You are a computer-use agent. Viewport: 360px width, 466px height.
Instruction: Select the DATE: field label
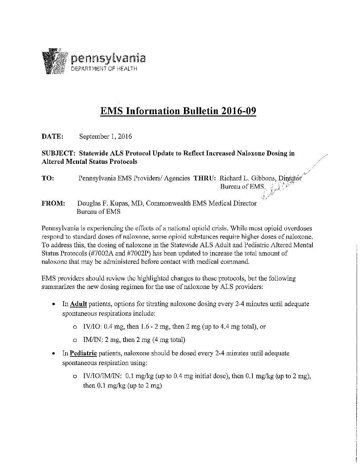52,136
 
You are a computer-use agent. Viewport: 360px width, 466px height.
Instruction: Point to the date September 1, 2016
106,136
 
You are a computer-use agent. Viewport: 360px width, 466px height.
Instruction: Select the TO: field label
48,178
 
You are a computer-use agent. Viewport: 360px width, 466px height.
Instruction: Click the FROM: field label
53,203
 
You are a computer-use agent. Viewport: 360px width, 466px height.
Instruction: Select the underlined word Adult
78,304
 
